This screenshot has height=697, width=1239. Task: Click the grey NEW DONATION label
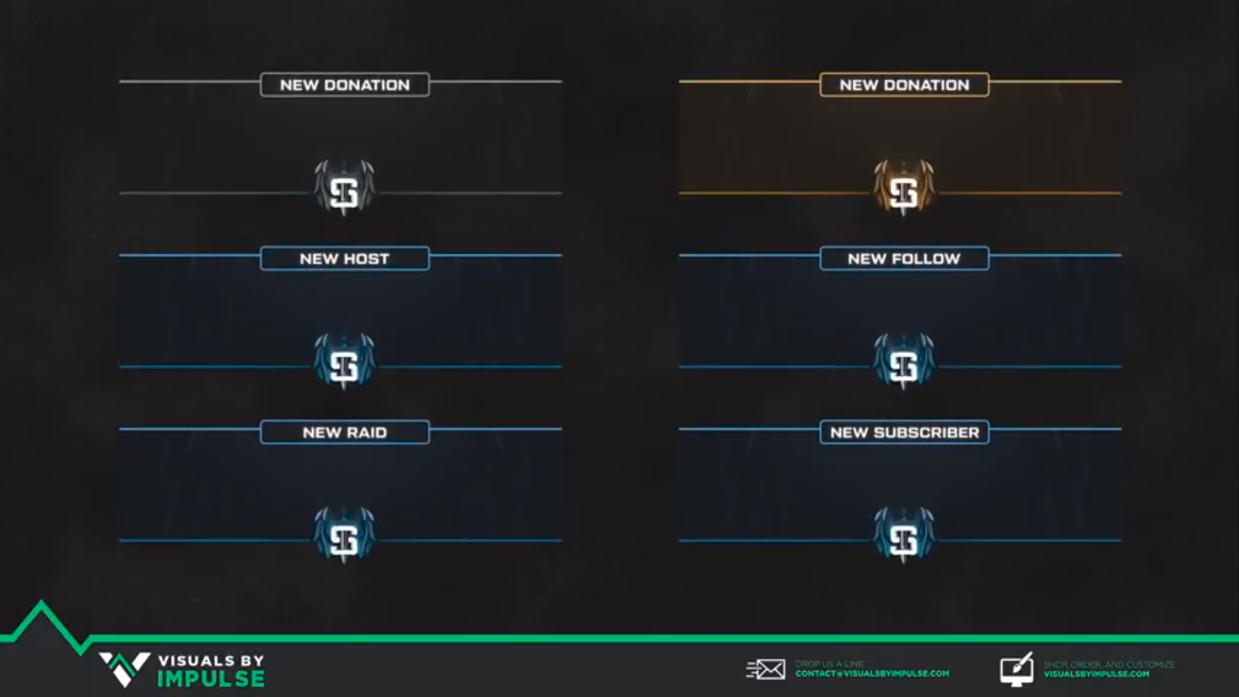pos(345,85)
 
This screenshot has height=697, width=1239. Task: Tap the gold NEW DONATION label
pos(904,85)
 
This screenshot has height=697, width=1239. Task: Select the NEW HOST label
pos(345,259)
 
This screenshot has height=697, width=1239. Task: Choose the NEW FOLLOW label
pos(904,259)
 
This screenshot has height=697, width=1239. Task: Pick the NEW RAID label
pos(345,432)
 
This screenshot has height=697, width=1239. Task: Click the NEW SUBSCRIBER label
pos(904,432)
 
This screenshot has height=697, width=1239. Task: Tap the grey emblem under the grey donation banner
pos(344,188)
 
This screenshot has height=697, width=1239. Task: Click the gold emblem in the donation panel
pos(903,188)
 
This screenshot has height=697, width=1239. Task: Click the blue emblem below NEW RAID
pos(344,535)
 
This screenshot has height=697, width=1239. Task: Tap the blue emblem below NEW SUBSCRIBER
pos(903,535)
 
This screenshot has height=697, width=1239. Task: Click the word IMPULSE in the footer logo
pos(211,679)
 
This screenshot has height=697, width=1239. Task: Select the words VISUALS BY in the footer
pos(211,661)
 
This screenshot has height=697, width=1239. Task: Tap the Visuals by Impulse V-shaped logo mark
pos(124,669)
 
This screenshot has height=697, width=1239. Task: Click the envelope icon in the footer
pos(766,669)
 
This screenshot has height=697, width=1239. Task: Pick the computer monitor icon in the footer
pos(1016,669)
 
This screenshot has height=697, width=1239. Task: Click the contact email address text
pos(872,674)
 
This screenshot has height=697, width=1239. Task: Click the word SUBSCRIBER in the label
pos(926,432)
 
